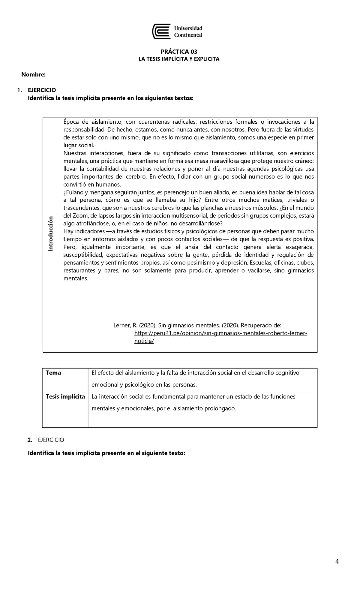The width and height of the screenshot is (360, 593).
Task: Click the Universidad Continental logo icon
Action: tap(162, 32)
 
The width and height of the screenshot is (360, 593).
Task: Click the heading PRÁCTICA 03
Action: tap(179, 52)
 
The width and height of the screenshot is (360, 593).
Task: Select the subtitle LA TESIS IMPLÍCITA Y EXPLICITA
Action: tap(179, 59)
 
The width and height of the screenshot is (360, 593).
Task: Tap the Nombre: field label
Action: tap(33, 74)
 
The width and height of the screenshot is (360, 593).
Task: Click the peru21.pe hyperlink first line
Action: tap(221, 333)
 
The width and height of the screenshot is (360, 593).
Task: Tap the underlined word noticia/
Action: tap(144, 341)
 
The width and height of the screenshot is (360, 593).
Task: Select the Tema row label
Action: tap(53, 373)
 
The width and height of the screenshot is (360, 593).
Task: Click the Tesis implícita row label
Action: tap(65, 396)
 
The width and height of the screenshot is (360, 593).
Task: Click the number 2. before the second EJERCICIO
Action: tap(29, 440)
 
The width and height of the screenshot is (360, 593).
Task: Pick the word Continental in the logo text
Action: tap(188, 35)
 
